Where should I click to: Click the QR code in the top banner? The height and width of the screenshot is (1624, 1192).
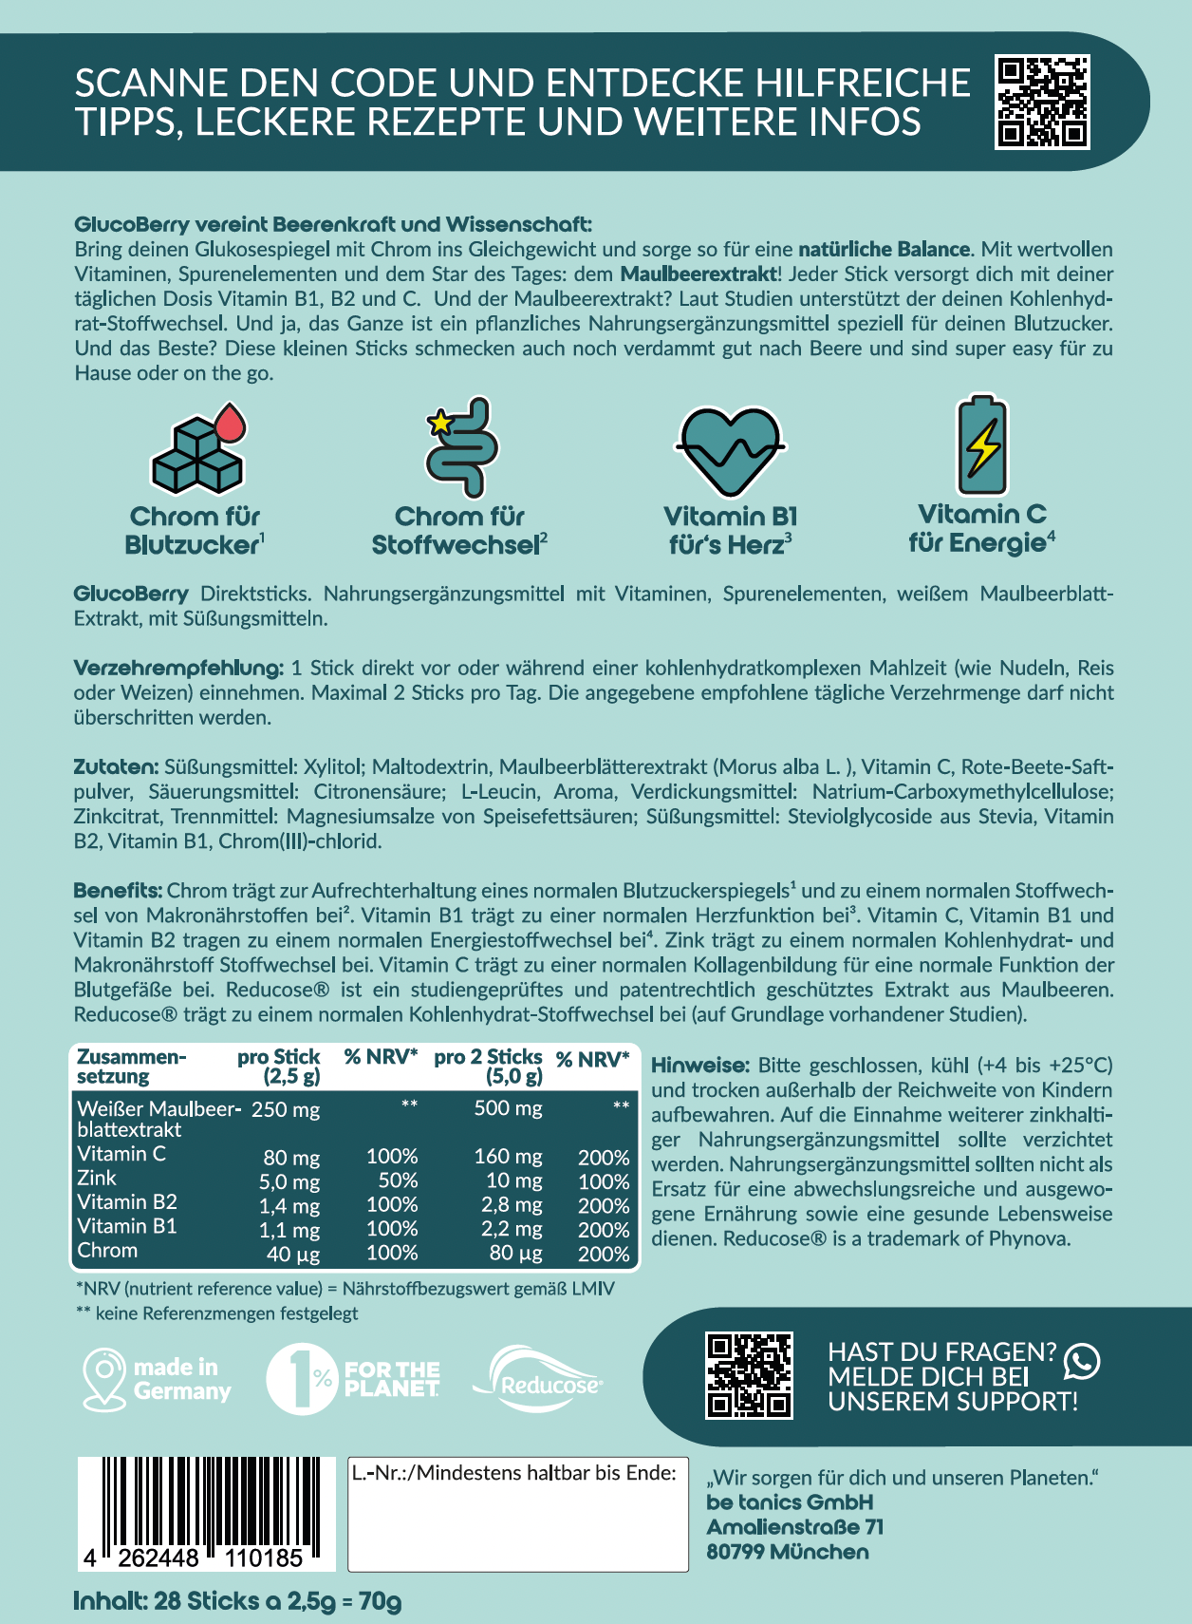pyautogui.click(x=1042, y=102)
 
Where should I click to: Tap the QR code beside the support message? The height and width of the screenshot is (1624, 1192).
pyautogui.click(x=749, y=1376)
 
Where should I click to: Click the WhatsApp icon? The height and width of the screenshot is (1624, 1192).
pyautogui.click(x=1082, y=1361)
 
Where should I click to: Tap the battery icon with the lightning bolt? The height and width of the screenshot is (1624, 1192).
pyautogui.click(x=982, y=445)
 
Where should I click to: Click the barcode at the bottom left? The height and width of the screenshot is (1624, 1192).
pyautogui.click(x=206, y=1512)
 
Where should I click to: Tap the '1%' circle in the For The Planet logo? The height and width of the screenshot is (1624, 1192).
pyautogui.click(x=301, y=1379)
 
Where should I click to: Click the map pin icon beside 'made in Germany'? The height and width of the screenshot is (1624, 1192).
pyautogui.click(x=103, y=1378)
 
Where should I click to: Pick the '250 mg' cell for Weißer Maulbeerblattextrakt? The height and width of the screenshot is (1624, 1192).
pyautogui.click(x=286, y=1109)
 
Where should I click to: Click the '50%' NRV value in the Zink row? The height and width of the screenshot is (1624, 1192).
pyautogui.click(x=398, y=1180)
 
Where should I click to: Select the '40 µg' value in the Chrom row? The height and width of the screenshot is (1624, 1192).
pyautogui.click(x=292, y=1254)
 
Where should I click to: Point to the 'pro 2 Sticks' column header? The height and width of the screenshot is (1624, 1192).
pyautogui.click(x=488, y=1066)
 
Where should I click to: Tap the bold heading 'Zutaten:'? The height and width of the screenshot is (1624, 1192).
pyautogui.click(x=116, y=766)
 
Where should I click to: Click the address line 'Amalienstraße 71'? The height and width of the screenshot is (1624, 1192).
pyautogui.click(x=794, y=1527)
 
